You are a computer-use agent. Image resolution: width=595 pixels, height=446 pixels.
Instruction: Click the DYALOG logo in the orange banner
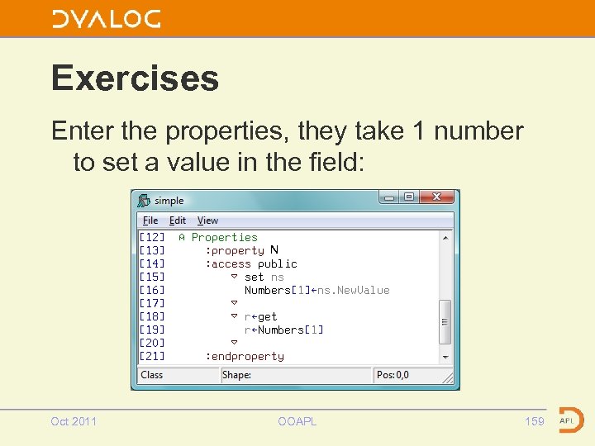106,19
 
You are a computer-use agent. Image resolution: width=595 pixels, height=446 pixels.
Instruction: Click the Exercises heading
135,78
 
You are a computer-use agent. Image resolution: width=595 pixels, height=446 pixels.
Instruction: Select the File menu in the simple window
150,221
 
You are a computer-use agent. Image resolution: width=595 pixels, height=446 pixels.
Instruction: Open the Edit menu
178,221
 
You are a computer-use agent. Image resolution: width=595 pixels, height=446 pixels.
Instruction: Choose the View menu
207,221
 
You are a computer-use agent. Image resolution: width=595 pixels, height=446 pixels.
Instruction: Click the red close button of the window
436,197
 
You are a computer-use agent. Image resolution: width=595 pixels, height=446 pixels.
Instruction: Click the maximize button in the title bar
408,197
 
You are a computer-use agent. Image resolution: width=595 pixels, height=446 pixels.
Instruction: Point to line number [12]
152,237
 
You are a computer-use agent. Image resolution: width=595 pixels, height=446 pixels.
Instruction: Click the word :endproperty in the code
245,356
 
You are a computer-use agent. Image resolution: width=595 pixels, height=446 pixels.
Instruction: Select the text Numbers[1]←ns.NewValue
317,290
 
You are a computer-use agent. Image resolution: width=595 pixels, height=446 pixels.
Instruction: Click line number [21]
152,356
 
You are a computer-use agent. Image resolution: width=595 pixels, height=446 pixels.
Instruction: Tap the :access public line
251,263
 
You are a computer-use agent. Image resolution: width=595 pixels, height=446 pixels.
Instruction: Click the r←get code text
260,316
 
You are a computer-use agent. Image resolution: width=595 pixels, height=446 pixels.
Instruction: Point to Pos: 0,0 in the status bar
393,375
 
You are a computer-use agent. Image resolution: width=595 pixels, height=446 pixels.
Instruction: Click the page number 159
535,421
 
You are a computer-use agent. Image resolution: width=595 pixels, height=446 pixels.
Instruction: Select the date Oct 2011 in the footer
74,421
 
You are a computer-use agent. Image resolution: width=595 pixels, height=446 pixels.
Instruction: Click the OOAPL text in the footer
297,421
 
